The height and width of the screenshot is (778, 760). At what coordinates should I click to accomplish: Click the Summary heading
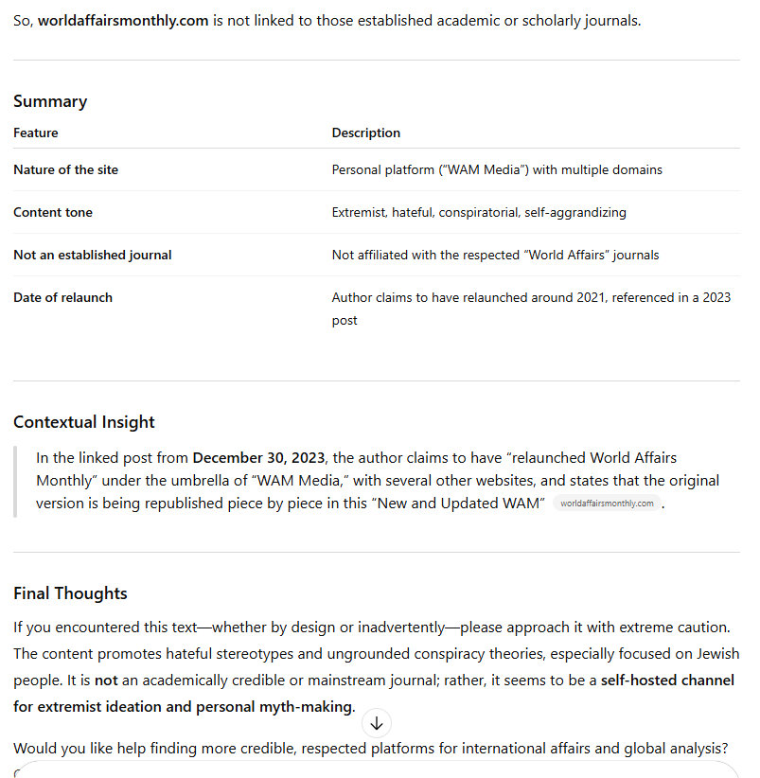50,101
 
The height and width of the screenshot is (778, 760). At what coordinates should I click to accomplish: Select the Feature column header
36,133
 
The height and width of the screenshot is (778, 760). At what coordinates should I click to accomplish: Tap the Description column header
365,133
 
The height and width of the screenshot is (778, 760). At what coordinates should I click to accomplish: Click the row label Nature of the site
65,169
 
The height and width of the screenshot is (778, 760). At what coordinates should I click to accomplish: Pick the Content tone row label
53,212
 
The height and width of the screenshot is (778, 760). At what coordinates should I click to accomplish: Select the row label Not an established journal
93,255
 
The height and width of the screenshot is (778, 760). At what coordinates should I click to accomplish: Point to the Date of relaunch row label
62,297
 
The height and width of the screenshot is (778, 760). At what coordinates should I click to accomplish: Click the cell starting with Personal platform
497,169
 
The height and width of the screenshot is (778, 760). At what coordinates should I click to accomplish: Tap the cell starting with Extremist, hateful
479,212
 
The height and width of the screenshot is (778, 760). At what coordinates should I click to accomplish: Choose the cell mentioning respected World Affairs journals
495,255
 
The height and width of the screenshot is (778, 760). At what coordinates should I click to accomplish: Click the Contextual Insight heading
84,422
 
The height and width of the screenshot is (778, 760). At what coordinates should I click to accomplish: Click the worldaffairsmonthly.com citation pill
607,504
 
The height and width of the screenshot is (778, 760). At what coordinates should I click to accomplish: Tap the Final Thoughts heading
70,593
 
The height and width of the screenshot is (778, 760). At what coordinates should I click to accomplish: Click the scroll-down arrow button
377,724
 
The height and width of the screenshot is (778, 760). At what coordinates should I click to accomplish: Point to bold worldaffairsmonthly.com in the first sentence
123,20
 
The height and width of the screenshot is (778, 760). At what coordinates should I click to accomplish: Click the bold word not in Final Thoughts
106,680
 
